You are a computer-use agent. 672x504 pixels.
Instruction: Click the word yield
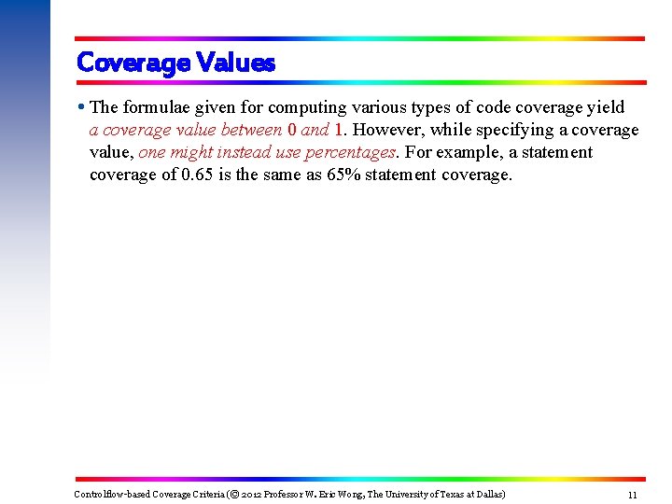pyautogui.click(x=603, y=108)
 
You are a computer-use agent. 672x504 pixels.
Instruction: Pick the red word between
pyautogui.click(x=252, y=131)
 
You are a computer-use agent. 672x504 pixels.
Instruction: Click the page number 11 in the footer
pyautogui.click(x=632, y=495)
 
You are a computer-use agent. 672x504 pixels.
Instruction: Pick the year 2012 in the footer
pyautogui.click(x=251, y=494)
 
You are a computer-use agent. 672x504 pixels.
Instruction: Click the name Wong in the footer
pyautogui.click(x=355, y=494)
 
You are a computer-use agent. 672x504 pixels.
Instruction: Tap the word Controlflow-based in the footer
pyautogui.click(x=105, y=494)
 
